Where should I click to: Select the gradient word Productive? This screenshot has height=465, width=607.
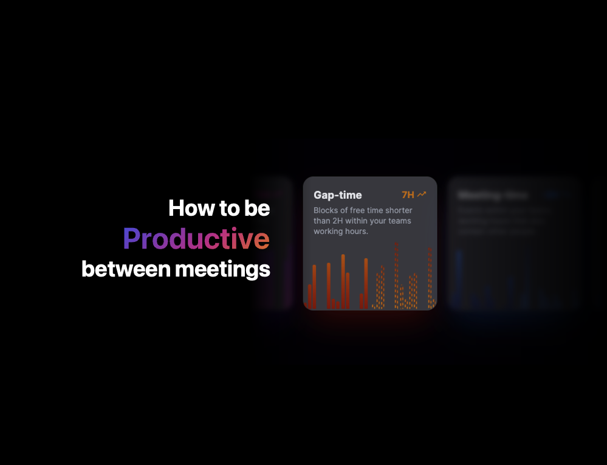196,238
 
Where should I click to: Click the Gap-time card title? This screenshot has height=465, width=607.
337,195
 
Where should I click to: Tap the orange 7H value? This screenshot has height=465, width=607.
408,195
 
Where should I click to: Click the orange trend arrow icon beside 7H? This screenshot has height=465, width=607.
422,195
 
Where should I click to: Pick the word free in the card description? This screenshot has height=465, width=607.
358,211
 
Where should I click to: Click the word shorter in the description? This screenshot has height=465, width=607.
399,211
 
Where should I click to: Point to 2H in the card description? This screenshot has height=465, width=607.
339,221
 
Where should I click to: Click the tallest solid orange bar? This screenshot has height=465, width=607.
343,281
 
